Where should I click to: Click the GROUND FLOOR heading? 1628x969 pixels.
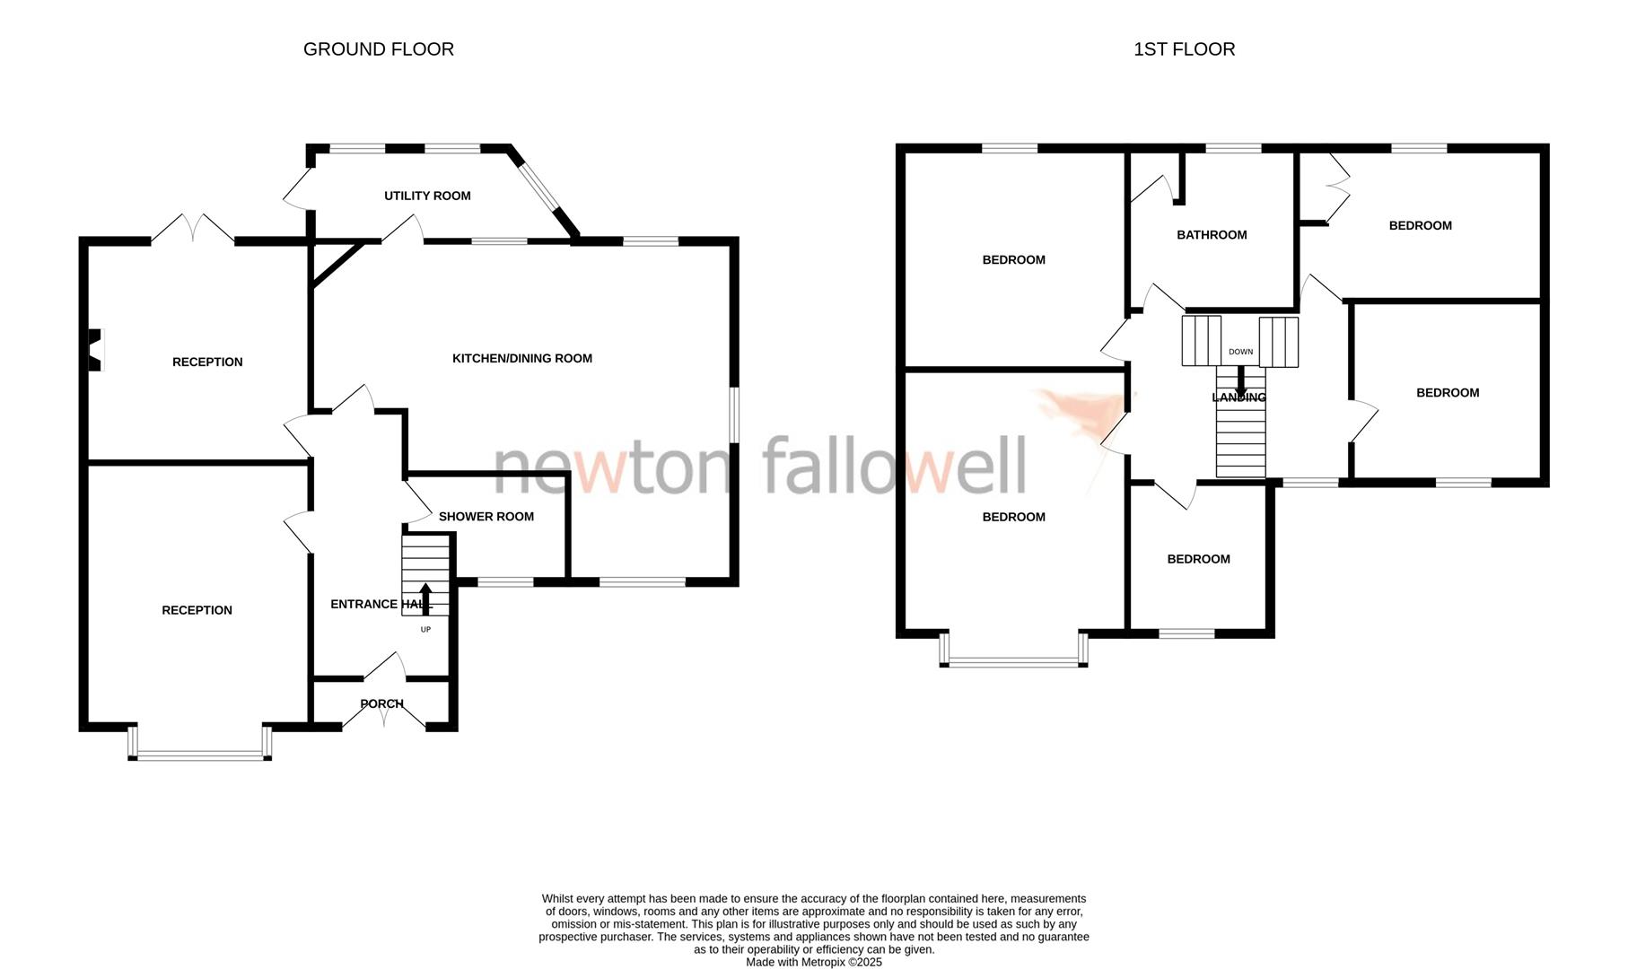click(378, 49)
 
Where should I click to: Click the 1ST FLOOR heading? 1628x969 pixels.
click(1184, 49)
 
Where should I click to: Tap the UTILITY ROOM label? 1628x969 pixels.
click(427, 196)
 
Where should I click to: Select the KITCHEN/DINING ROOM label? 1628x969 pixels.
click(521, 358)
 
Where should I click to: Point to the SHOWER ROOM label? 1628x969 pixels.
click(486, 517)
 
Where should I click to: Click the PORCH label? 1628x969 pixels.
click(381, 703)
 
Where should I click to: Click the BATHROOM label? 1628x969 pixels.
click(1212, 235)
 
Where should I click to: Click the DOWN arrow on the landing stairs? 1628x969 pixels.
click(1241, 378)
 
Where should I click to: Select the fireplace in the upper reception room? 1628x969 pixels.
click(95, 350)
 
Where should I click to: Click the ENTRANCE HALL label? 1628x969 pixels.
click(381, 604)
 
